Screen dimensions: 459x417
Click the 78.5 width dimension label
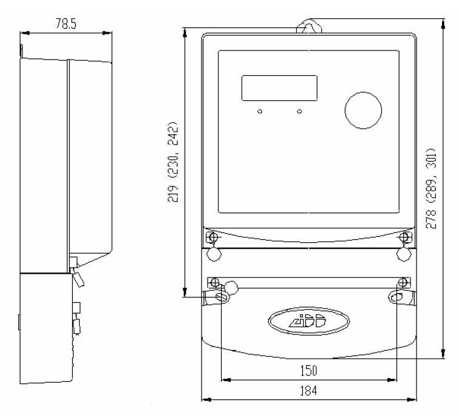tap(66, 24)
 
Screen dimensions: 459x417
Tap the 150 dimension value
tap(308, 370)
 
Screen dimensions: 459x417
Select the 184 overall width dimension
tap(308, 390)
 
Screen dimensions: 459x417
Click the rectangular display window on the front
tap(279, 88)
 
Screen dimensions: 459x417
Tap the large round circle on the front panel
tap(363, 110)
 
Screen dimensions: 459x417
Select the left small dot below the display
tap(260, 111)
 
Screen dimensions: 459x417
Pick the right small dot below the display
tap(299, 111)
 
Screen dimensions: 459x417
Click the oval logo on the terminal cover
tap(308, 321)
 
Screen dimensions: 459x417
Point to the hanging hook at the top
tap(309, 25)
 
